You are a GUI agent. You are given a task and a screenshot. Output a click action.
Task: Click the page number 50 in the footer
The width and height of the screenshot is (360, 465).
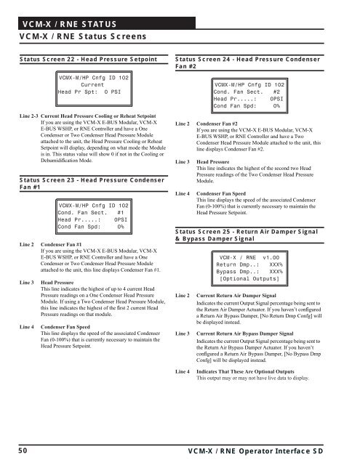23,450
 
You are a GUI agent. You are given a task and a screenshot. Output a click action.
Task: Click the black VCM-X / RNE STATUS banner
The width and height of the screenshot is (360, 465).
107,23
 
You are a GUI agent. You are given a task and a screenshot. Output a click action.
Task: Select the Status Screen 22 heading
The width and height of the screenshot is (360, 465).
89,60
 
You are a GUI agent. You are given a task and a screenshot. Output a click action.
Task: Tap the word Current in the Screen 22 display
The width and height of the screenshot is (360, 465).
92,85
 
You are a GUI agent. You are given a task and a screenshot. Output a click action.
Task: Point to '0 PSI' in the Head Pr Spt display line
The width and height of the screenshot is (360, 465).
113,92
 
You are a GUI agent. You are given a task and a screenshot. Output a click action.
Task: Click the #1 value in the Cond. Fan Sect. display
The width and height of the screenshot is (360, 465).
121,213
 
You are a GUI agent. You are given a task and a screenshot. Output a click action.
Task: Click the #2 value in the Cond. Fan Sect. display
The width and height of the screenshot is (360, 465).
276,92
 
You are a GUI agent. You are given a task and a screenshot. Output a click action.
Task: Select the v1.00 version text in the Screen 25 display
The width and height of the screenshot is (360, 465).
271,258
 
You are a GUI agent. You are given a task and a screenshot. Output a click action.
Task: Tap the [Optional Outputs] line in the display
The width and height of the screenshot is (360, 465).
249,279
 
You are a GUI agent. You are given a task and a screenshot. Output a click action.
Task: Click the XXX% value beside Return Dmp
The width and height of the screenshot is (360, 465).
276,264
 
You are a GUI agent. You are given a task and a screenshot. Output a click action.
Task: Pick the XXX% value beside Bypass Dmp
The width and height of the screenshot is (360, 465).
276,272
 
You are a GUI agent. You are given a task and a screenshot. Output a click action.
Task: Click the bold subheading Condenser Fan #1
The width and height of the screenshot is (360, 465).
61,244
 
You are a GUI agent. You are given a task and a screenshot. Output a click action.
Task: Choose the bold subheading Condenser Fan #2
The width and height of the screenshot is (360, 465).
217,124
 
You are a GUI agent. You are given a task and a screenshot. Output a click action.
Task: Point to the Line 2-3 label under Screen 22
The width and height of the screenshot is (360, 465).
29,116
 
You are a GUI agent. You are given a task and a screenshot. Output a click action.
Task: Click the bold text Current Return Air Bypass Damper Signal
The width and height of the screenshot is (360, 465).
245,333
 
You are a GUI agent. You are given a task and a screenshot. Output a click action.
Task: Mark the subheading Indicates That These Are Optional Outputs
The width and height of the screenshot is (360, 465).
245,371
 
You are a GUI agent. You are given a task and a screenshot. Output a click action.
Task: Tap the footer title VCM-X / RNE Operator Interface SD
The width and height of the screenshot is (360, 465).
255,451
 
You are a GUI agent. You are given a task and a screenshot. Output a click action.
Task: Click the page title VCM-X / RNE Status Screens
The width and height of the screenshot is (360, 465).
83,36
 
